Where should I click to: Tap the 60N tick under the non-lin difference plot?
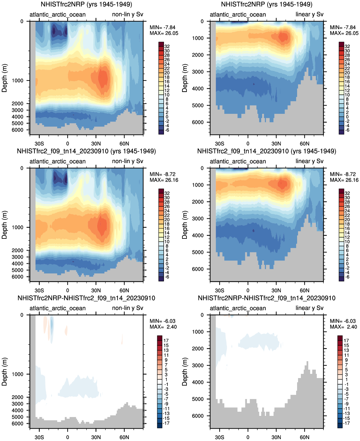pos(124,437)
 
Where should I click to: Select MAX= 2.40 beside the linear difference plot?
pos(343,327)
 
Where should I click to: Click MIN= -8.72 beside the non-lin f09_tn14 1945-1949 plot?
pos(163,174)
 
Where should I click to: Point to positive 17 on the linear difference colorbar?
pos(346,341)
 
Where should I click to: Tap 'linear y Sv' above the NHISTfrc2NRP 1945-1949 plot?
pos(309,15)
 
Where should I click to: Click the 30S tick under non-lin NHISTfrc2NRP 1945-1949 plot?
pos(39,143)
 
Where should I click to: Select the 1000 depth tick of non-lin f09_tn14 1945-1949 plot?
pos(18,227)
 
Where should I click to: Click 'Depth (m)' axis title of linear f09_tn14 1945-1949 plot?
pos(185,225)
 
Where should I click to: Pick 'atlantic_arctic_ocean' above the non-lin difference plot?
pos(58,308)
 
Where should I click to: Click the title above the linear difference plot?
pos(267,298)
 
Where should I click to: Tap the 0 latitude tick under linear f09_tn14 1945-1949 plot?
pos(248,290)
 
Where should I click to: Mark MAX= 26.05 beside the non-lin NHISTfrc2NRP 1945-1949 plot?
pos(164,33)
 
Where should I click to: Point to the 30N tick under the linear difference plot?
pos(276,437)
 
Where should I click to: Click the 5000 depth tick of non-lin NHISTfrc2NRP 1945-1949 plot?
pos(18,123)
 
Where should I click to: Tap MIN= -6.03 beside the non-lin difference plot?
pos(163,321)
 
